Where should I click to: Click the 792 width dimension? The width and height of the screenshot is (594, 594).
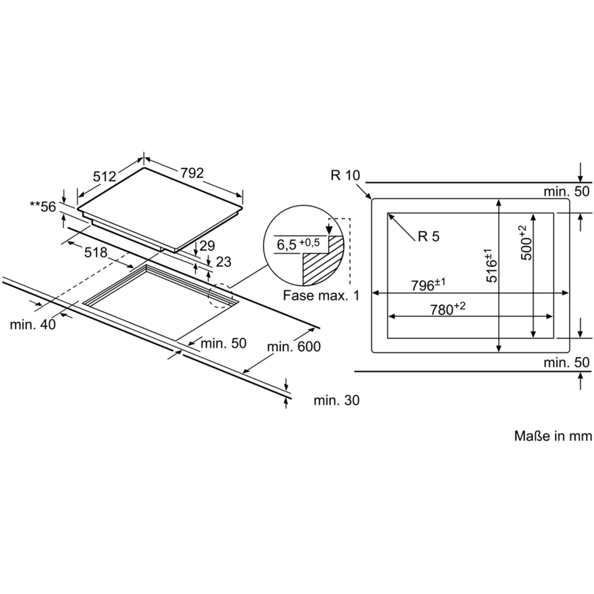tap(192, 173)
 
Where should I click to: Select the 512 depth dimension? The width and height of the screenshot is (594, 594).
tap(105, 176)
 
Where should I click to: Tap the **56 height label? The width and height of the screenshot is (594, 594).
tap(43, 207)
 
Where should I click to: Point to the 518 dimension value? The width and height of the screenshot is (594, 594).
tap(96, 252)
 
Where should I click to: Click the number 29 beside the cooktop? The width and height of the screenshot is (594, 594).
tap(207, 246)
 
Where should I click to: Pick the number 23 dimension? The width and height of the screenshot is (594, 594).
tap(224, 262)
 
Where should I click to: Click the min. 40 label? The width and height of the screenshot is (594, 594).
tap(33, 325)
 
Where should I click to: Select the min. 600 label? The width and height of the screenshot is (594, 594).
tap(294, 347)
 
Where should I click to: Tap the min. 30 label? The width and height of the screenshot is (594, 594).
tap(337, 401)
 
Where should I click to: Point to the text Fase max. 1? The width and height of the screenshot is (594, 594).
tap(321, 296)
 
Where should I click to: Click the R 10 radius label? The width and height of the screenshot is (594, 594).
tap(345, 175)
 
